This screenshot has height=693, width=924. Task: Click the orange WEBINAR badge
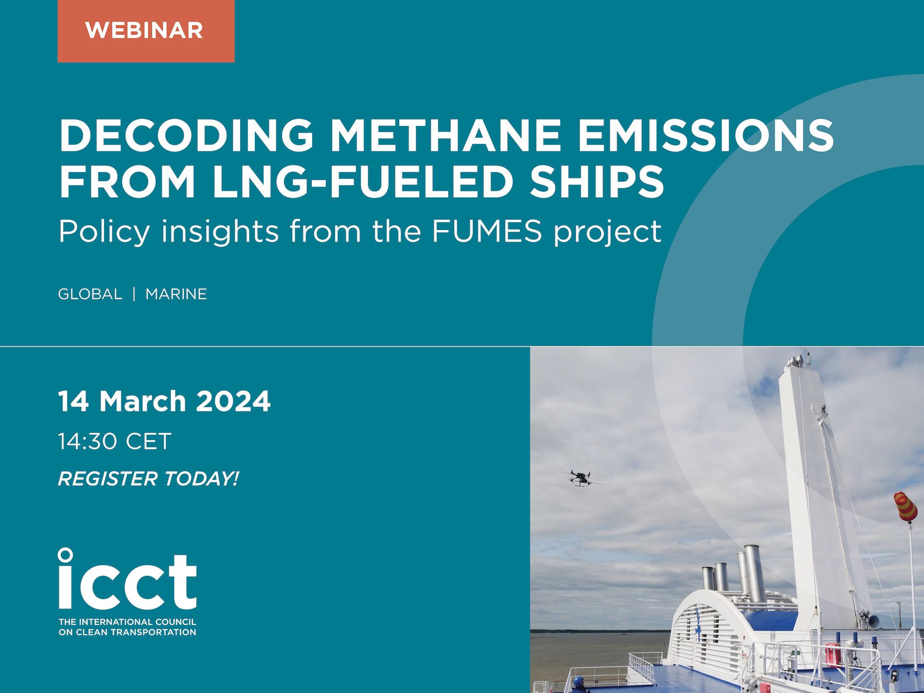146,31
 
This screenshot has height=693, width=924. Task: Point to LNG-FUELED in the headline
363,181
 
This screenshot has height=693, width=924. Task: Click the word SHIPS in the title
597,181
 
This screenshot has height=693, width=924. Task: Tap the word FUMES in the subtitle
487,231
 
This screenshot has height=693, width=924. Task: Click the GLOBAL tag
90,294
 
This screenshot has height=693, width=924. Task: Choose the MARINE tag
176,294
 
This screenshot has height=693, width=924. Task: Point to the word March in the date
143,401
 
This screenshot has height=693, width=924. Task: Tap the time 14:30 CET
115,442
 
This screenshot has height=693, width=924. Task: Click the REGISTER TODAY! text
148,479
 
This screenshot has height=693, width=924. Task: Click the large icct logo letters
127,579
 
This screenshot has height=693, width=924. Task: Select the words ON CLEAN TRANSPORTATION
127,632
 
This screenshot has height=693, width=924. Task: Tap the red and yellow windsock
906,507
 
